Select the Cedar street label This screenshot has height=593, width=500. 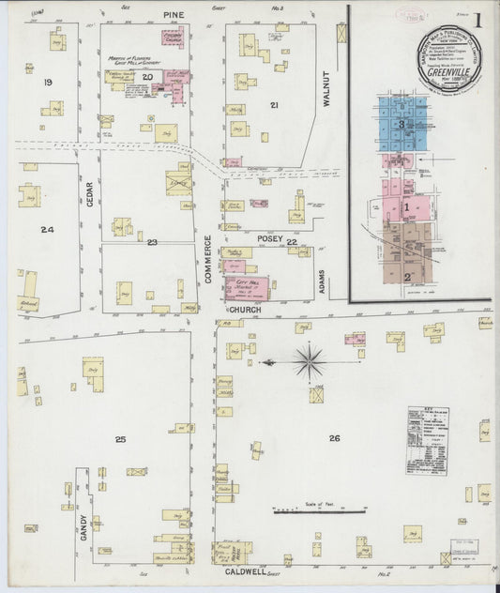coord(90,193)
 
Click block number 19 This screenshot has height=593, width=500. coord(48,83)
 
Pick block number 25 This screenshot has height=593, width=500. coord(120,439)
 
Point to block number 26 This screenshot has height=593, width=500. coord(334,438)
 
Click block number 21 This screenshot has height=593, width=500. coord(274,104)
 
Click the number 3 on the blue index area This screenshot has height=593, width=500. coord(402,124)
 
